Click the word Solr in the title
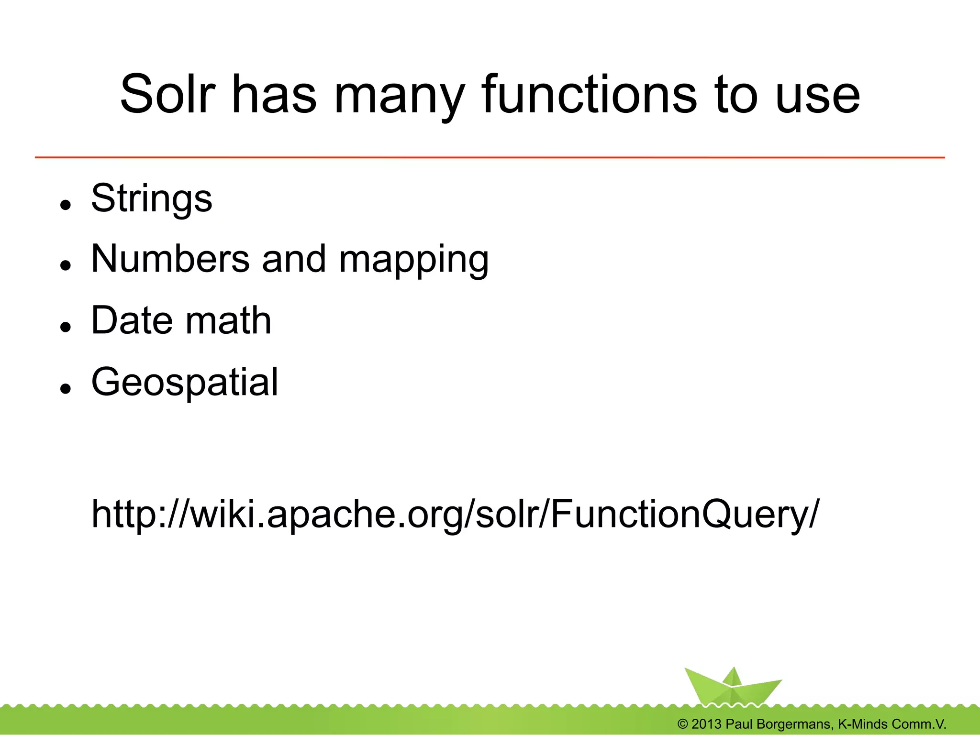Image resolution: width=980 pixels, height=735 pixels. tap(167, 94)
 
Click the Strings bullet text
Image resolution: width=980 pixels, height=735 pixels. tap(151, 198)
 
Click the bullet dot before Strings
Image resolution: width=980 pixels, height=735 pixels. tap(66, 205)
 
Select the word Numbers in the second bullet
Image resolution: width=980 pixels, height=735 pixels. tap(170, 259)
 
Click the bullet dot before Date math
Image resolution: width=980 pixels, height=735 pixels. tap(66, 327)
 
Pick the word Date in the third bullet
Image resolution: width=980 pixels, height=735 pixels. tap(132, 320)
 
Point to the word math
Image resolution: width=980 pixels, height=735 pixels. tap(228, 320)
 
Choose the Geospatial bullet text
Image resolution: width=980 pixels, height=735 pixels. tap(185, 382)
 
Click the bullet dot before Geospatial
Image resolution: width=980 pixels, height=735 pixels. tap(66, 388)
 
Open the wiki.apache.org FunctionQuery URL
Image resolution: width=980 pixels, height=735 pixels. tap(455, 515)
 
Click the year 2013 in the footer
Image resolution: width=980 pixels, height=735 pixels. tap(706, 724)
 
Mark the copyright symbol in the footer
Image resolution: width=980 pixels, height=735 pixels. tap(682, 724)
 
